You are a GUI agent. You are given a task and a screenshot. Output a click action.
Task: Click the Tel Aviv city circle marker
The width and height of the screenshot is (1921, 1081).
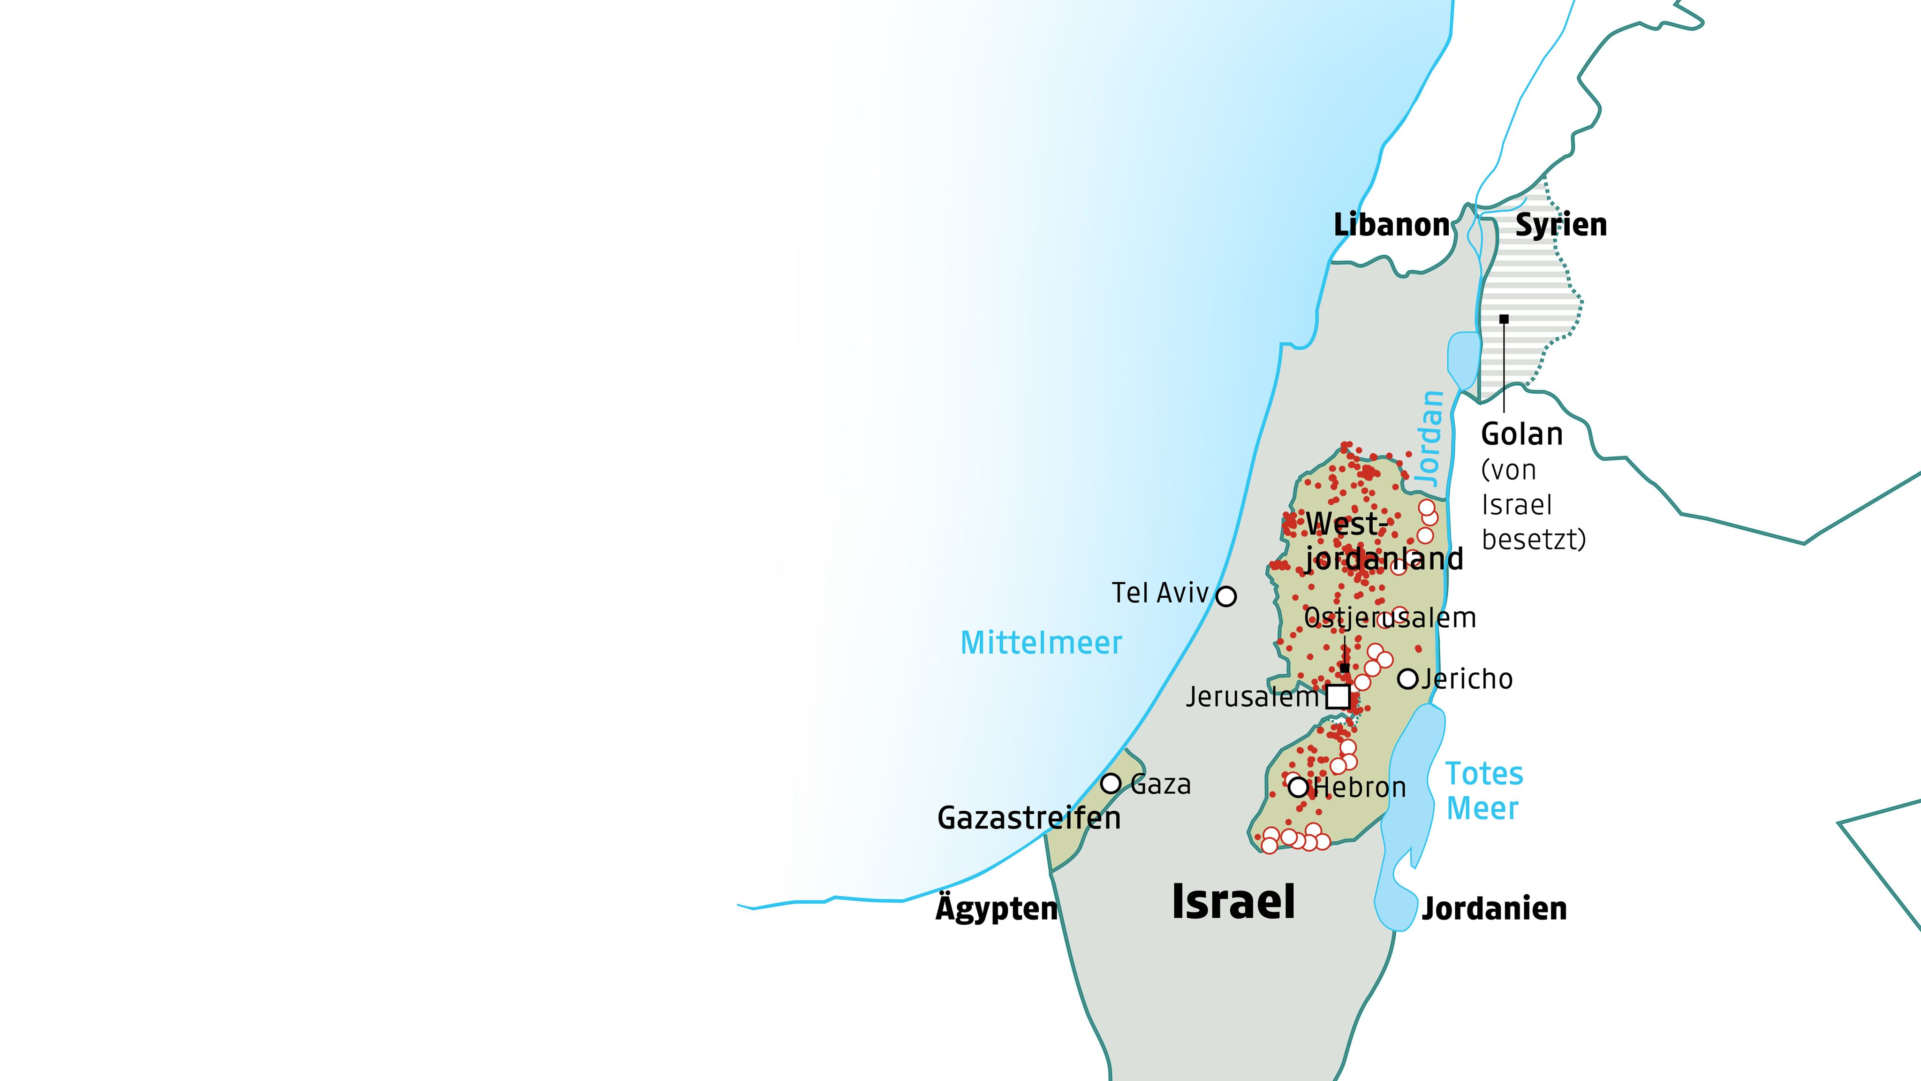(1226, 596)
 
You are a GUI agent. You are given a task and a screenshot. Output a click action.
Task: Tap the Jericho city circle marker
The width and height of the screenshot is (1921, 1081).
(1407, 679)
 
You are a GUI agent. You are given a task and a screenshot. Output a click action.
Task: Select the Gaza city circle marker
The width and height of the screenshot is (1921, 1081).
(1111, 784)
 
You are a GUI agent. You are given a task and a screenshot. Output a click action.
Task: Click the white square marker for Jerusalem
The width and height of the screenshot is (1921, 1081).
(1338, 697)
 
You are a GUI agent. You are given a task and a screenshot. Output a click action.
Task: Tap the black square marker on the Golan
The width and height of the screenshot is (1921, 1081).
(1504, 320)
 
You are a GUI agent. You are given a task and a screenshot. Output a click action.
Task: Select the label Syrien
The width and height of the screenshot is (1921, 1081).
(1561, 225)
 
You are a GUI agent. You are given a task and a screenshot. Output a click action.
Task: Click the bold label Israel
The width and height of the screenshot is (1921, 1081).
(1233, 901)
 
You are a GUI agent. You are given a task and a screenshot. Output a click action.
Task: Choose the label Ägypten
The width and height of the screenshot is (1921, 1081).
(997, 909)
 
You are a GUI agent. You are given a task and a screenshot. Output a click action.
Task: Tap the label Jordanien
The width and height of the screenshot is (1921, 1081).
(1494, 909)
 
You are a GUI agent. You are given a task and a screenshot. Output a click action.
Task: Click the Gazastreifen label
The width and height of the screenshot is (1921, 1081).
(1029, 818)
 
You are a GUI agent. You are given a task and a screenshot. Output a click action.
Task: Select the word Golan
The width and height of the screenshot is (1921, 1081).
(1522, 434)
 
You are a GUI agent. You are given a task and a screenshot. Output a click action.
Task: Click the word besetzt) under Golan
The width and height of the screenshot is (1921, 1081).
(1533, 540)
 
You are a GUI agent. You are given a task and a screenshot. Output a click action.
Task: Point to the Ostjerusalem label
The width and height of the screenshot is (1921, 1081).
(1390, 618)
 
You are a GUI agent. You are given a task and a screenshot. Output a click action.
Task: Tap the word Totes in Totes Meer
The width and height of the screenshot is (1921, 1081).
(1484, 774)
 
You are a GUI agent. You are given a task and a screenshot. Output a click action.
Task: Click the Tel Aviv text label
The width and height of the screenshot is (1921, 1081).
(1160, 593)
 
